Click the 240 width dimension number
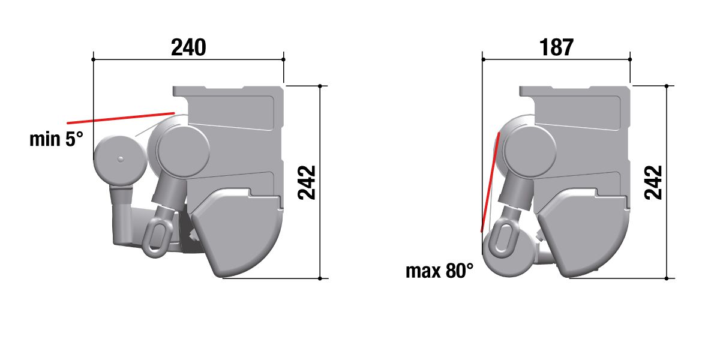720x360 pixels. (x=188, y=47)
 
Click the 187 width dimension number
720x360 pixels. (x=556, y=47)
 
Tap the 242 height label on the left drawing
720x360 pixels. (x=307, y=182)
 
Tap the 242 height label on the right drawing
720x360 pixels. (x=653, y=182)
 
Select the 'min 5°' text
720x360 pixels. (x=56, y=139)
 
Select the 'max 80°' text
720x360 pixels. (x=439, y=271)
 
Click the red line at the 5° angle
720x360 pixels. (x=121, y=118)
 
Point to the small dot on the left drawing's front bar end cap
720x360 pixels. (x=121, y=159)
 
